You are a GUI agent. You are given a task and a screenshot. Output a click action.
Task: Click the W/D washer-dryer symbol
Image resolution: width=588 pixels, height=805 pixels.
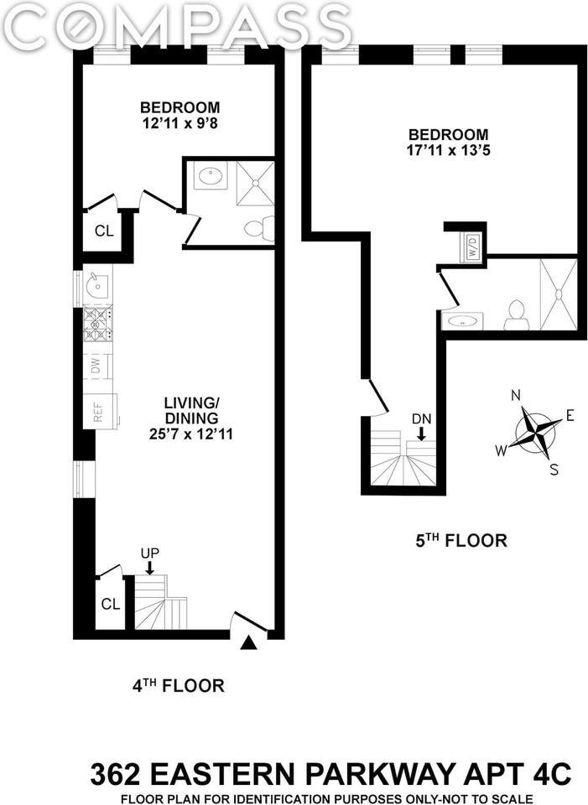point(473,247)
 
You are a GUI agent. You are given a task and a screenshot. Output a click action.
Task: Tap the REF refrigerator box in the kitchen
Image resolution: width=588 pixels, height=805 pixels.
point(100,411)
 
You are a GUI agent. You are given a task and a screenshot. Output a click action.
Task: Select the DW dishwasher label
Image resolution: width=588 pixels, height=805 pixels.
point(96,366)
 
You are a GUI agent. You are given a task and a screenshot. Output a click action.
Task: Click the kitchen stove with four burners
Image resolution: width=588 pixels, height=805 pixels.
point(97,325)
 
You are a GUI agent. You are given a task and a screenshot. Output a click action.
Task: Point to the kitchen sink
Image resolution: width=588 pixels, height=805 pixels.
point(96,285)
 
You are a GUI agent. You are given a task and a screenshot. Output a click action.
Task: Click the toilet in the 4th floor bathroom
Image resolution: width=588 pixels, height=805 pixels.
point(258,227)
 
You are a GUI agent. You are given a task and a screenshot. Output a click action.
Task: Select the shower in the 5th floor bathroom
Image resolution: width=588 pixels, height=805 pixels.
point(558,294)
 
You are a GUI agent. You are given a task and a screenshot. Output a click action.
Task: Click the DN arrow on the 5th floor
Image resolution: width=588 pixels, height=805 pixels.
point(421,434)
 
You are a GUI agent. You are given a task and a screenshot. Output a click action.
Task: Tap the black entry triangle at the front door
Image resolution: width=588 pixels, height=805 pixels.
point(249,643)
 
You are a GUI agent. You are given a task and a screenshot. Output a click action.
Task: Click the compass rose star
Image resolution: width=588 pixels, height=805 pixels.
point(537,431)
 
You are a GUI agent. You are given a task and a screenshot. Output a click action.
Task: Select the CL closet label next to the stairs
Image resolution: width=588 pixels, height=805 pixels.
point(111,605)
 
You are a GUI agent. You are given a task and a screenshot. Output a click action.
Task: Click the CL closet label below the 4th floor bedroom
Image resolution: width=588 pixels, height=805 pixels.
point(104,231)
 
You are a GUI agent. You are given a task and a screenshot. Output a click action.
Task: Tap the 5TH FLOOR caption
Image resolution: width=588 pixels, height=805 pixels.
point(461,541)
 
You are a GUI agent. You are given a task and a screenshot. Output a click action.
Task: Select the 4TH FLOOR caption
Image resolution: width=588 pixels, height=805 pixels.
point(178,685)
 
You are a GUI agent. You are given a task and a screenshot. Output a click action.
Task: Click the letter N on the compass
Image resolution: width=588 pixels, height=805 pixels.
point(516,395)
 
